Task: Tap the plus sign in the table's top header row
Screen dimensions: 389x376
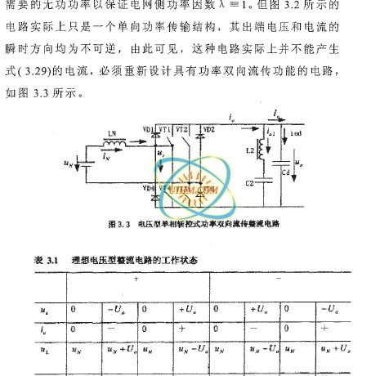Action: (135, 280)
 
